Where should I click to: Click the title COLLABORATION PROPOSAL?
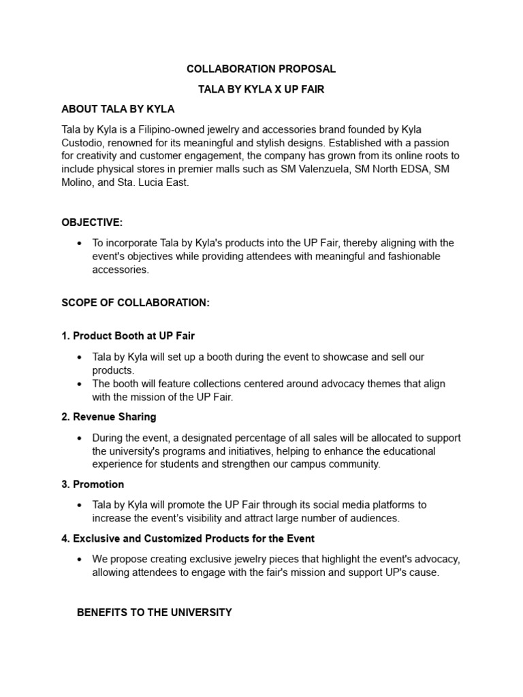point(261,69)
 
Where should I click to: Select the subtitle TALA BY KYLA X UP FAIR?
point(261,89)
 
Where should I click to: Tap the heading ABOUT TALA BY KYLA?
point(118,109)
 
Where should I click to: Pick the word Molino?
point(78,182)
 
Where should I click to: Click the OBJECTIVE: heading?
point(92,223)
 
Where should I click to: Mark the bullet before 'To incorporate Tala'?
point(80,243)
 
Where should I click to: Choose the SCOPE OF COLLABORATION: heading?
point(136,303)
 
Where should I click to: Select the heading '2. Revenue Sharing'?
point(108,417)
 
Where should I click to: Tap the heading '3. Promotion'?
point(93,484)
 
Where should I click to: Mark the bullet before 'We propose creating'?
point(80,559)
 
